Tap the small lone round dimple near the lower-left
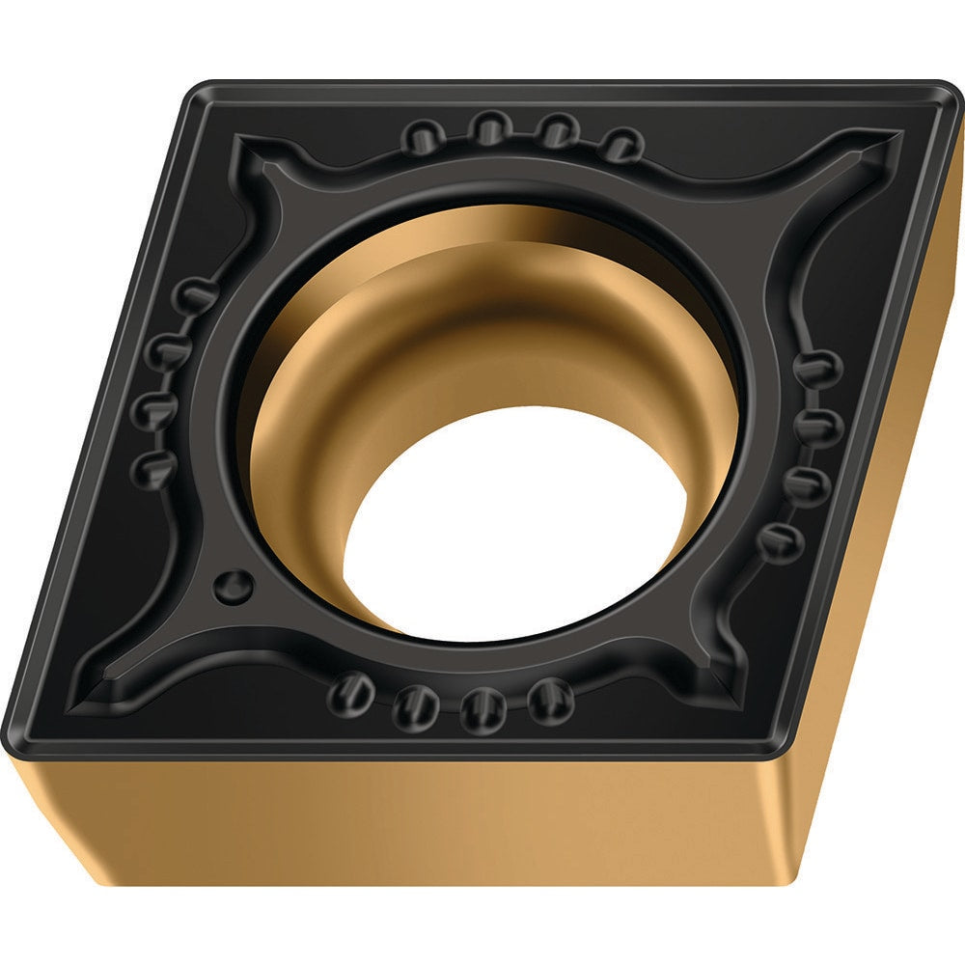pyautogui.click(x=234, y=583)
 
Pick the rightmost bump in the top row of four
pyautogui.click(x=623, y=144)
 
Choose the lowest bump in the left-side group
pyautogui.click(x=154, y=467)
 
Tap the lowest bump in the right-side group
pyautogui.click(x=780, y=542)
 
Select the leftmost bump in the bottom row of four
pyautogui.click(x=350, y=691)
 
